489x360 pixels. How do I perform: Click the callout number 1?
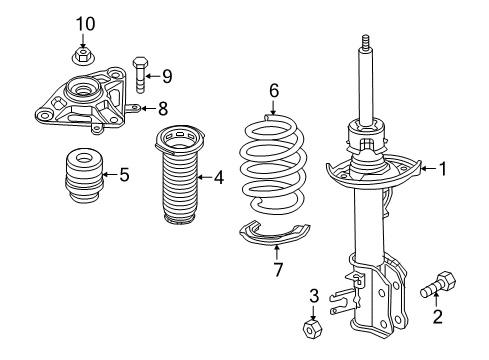(440, 170)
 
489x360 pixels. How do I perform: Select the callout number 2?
(436, 317)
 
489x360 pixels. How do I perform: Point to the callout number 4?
(218, 178)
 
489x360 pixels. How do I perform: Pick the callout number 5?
(124, 175)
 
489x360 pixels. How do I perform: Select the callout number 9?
(167, 75)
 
